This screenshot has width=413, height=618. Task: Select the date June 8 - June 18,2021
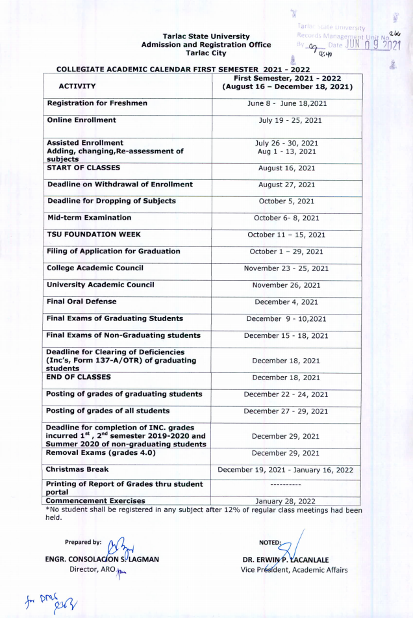(x=286, y=103)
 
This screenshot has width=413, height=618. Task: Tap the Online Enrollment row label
(x=81, y=120)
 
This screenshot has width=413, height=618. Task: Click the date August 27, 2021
(x=286, y=185)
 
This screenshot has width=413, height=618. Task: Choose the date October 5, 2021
(x=286, y=201)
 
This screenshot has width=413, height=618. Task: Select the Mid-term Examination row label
(x=89, y=218)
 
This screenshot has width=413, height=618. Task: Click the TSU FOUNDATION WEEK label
(x=94, y=235)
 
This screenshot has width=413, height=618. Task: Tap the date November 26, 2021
(x=286, y=285)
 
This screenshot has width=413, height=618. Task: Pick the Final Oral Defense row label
(x=82, y=302)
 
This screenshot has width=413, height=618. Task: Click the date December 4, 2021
(x=286, y=302)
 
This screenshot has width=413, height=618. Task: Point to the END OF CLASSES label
(x=78, y=377)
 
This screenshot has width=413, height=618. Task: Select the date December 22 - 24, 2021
(x=286, y=394)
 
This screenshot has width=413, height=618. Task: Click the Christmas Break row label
(x=77, y=469)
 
